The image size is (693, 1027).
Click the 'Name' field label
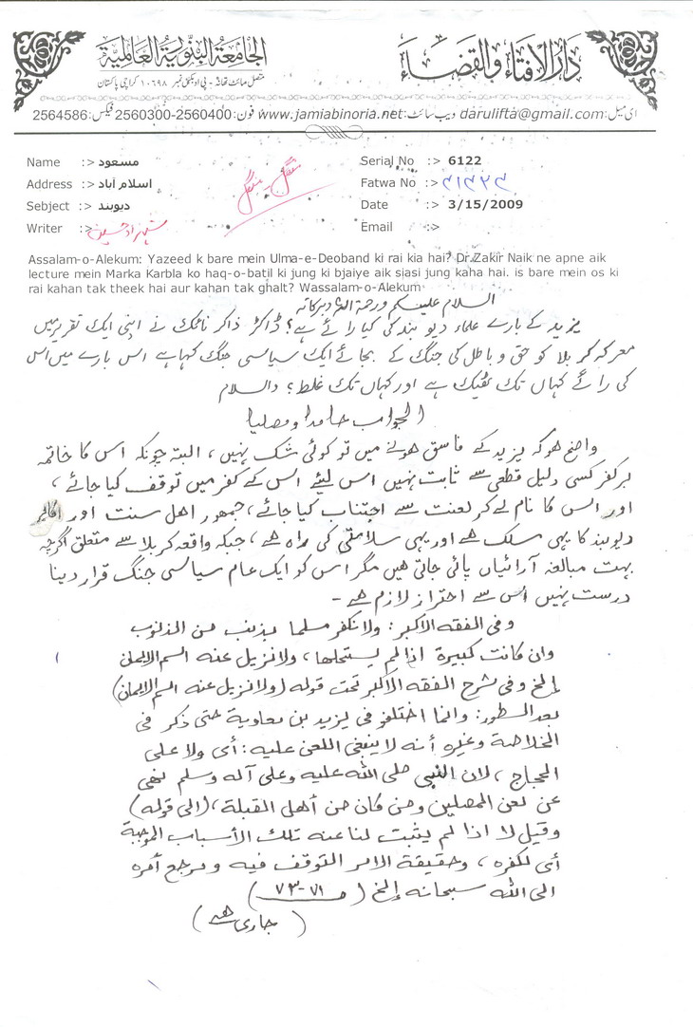(x=44, y=162)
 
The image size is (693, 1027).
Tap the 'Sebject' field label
(x=48, y=206)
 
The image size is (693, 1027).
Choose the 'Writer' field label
(x=45, y=228)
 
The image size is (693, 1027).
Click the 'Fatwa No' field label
(x=388, y=182)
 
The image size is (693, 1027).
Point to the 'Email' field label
(x=376, y=227)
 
